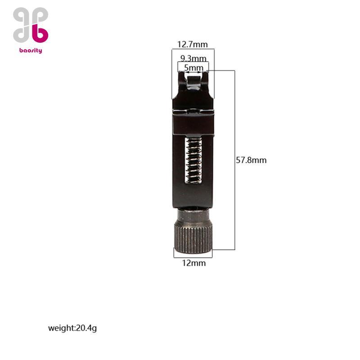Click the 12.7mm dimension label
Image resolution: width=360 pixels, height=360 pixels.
(193, 44)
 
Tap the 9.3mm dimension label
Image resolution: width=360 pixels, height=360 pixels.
(193, 58)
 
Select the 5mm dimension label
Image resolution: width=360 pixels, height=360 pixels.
(194, 68)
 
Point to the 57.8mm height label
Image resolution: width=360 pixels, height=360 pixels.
(251, 160)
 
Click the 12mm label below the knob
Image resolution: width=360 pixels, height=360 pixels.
(194, 263)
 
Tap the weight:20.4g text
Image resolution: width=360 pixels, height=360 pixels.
(72, 328)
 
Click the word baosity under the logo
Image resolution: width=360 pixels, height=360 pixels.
(31, 50)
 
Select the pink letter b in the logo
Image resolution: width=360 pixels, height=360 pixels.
(40, 32)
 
